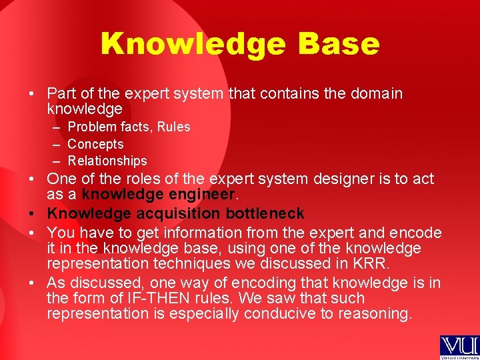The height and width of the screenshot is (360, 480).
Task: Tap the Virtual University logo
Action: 458,347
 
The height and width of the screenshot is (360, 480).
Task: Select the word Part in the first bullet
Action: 61,93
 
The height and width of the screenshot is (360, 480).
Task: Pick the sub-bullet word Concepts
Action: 95,144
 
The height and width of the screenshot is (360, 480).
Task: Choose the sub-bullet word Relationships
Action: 107,161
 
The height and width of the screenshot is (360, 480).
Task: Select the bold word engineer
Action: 203,195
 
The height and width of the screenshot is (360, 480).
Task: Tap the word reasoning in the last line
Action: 378,313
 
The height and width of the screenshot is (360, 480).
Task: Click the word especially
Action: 207,313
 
